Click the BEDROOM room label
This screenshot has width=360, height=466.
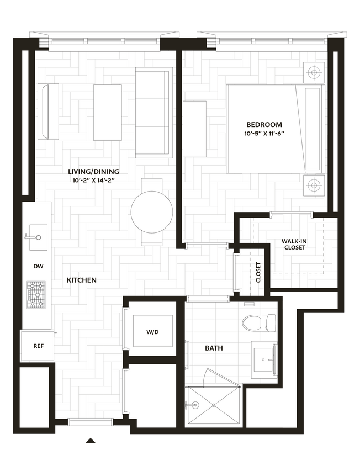click(x=264, y=125)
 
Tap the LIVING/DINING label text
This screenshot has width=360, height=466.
click(x=94, y=172)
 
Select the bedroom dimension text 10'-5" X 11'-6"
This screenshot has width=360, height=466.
click(x=264, y=134)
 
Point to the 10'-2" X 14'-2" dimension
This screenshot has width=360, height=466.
click(x=94, y=180)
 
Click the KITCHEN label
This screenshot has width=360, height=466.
click(x=82, y=280)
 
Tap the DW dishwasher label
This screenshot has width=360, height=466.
click(x=38, y=266)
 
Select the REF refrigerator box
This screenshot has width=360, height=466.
click(x=37, y=346)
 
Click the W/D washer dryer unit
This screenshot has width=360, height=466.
click(x=153, y=331)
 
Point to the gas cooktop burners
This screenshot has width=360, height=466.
click(x=36, y=295)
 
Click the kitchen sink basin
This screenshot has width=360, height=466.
click(x=38, y=237)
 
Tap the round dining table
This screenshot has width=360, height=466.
click(x=152, y=212)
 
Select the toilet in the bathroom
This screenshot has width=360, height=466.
click(x=259, y=323)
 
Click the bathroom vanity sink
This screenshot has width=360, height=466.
click(x=264, y=359)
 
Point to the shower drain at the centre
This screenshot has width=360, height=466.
click(x=214, y=405)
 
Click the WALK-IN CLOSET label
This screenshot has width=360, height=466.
click(x=294, y=244)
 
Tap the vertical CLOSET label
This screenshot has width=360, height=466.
click(x=258, y=272)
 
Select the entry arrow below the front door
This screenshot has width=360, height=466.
click(x=91, y=441)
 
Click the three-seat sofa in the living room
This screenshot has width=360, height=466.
click(x=154, y=112)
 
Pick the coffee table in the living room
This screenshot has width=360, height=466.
click(x=108, y=112)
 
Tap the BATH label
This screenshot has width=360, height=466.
click(x=214, y=348)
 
